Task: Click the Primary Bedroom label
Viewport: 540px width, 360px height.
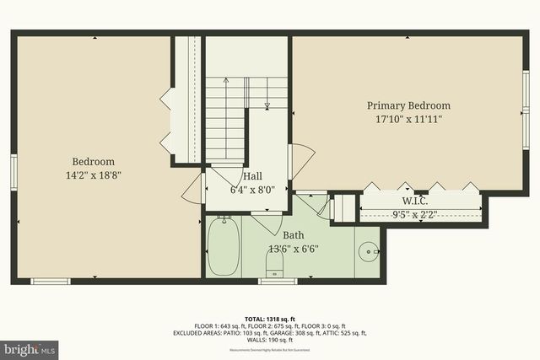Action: pyautogui.click(x=408, y=105)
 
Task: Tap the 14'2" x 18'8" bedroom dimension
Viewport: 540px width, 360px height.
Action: pyautogui.click(x=93, y=176)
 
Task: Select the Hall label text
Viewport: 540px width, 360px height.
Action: pyautogui.click(x=251, y=177)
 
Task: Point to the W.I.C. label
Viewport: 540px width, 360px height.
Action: pyautogui.click(x=414, y=201)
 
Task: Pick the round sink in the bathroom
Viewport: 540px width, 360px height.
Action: pyautogui.click(x=369, y=251)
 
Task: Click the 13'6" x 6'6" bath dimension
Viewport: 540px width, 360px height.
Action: pyautogui.click(x=293, y=250)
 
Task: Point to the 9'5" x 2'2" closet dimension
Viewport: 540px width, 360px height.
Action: pyautogui.click(x=414, y=214)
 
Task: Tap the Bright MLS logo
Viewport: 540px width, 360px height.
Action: pyautogui.click(x=30, y=347)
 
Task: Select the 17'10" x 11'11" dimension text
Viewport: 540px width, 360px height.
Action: pyautogui.click(x=408, y=120)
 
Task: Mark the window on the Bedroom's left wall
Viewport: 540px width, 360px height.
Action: pyautogui.click(x=13, y=168)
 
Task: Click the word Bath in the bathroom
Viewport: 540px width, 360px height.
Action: pyautogui.click(x=293, y=235)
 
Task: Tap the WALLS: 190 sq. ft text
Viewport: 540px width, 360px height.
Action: pyautogui.click(x=270, y=341)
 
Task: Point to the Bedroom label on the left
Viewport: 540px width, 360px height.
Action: pyautogui.click(x=93, y=162)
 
